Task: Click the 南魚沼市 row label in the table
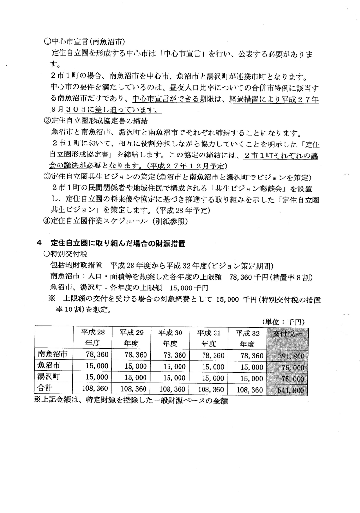[x=52, y=355]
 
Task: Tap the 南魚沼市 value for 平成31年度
[x=209, y=356]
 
